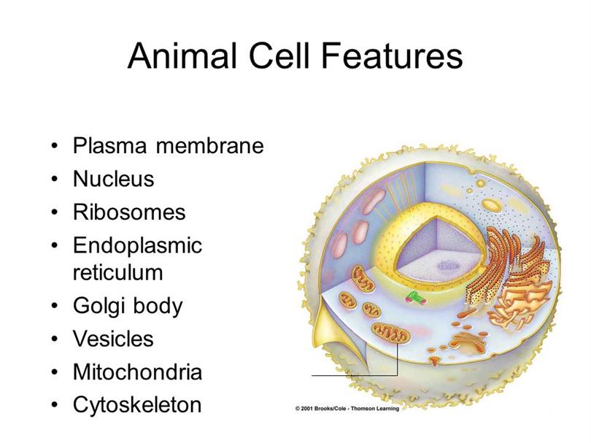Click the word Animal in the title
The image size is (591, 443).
click(182, 55)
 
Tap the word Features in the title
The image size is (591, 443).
click(392, 55)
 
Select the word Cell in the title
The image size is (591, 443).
click(279, 55)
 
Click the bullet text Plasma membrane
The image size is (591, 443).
click(168, 145)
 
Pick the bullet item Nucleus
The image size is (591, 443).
click(113, 179)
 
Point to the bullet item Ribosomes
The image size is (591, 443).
click(129, 212)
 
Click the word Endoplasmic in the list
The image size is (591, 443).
click(138, 246)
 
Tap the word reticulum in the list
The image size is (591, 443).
click(118, 272)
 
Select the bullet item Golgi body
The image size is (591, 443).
click(128, 306)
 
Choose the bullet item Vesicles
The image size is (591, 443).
click(113, 339)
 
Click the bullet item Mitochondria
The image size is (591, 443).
click(138, 371)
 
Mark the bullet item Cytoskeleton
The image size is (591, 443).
click(137, 405)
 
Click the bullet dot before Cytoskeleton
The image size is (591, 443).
click(55, 405)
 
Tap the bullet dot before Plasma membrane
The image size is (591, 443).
click(55, 146)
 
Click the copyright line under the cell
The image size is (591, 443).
click(347, 408)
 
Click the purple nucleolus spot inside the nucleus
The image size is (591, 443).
click(448, 266)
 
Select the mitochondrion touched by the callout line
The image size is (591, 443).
click(390, 334)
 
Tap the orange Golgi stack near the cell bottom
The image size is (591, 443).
click(468, 339)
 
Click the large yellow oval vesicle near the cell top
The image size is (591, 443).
click(492, 206)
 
